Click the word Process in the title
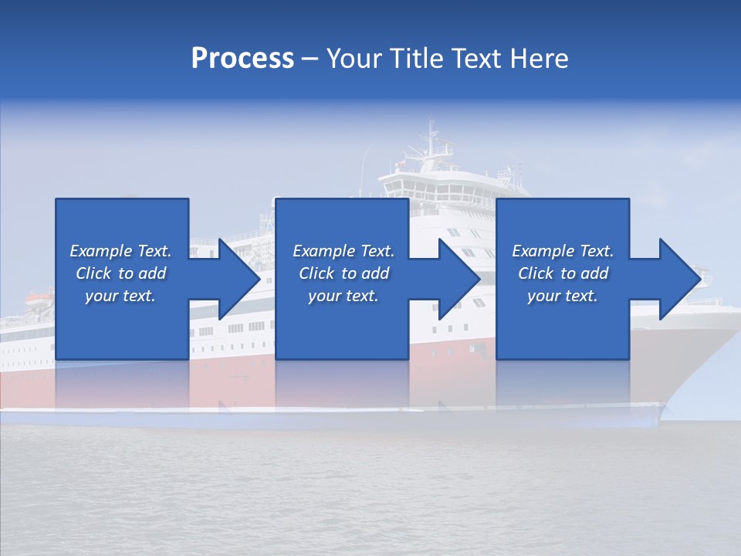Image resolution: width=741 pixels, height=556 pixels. tap(242, 59)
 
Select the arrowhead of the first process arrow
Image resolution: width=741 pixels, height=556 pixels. tap(239, 279)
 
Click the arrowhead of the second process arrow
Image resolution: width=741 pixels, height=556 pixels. tap(459, 279)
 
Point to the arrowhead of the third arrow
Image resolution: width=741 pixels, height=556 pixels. tap(680, 279)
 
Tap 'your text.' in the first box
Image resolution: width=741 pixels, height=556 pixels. tap(120, 296)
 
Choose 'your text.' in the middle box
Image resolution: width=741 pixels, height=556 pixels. tap(343, 296)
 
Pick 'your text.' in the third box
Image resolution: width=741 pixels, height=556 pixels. tap(563, 296)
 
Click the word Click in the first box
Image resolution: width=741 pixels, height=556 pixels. tap(94, 273)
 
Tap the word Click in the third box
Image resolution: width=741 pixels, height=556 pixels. tap(536, 273)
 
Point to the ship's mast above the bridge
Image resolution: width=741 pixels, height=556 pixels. tap(431, 139)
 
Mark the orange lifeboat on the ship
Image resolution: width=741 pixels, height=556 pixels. tap(38, 296)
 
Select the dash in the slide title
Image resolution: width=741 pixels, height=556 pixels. tap(310, 59)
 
